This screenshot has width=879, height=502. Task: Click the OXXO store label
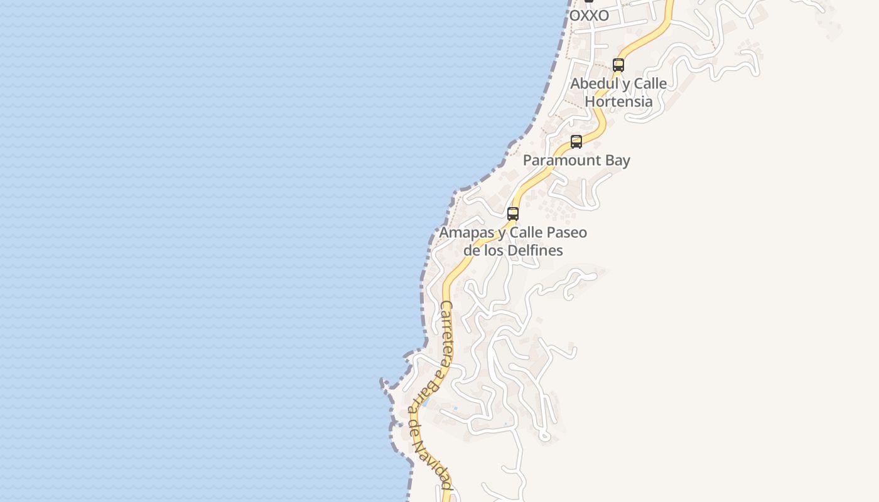pyautogui.click(x=589, y=16)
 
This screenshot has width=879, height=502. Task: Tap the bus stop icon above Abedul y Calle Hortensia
pyautogui.click(x=618, y=65)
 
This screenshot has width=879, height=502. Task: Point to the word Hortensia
pyautogui.click(x=618, y=101)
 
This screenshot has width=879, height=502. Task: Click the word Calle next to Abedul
pyautogui.click(x=650, y=83)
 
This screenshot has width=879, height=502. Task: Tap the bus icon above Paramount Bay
pyautogui.click(x=576, y=141)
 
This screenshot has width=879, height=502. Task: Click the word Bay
pyautogui.click(x=617, y=161)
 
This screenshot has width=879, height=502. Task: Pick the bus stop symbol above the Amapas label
pyautogui.click(x=513, y=213)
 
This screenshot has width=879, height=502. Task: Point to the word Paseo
pyautogui.click(x=568, y=233)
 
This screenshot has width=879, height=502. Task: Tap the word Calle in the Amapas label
pyautogui.click(x=527, y=233)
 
